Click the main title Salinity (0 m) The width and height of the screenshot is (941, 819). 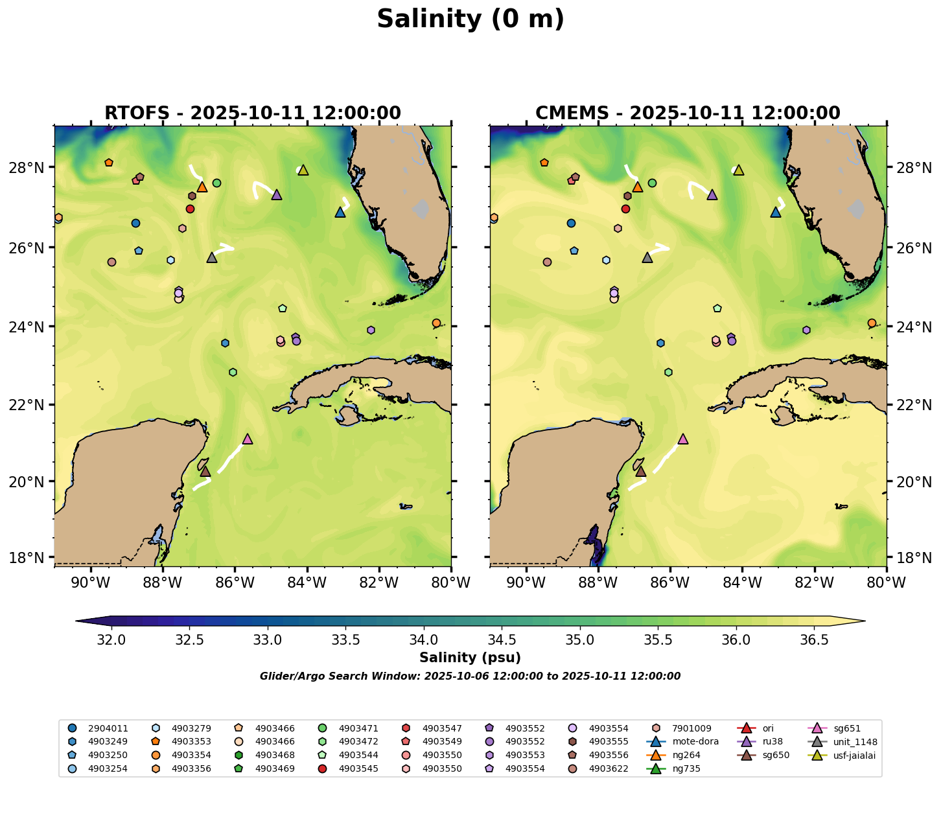470,19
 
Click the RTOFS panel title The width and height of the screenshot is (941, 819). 253,113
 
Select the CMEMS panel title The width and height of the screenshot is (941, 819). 688,113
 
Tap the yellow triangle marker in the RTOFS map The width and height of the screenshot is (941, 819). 303,170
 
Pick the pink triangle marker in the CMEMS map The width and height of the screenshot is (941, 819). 682,439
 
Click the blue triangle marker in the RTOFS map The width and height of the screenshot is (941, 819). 340,213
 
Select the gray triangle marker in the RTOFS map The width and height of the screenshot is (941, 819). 212,258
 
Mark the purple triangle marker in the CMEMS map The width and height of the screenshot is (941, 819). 712,195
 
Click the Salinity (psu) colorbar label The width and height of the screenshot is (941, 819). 470,658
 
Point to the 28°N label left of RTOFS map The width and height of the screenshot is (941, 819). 31,168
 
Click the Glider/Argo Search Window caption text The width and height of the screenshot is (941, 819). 470,676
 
